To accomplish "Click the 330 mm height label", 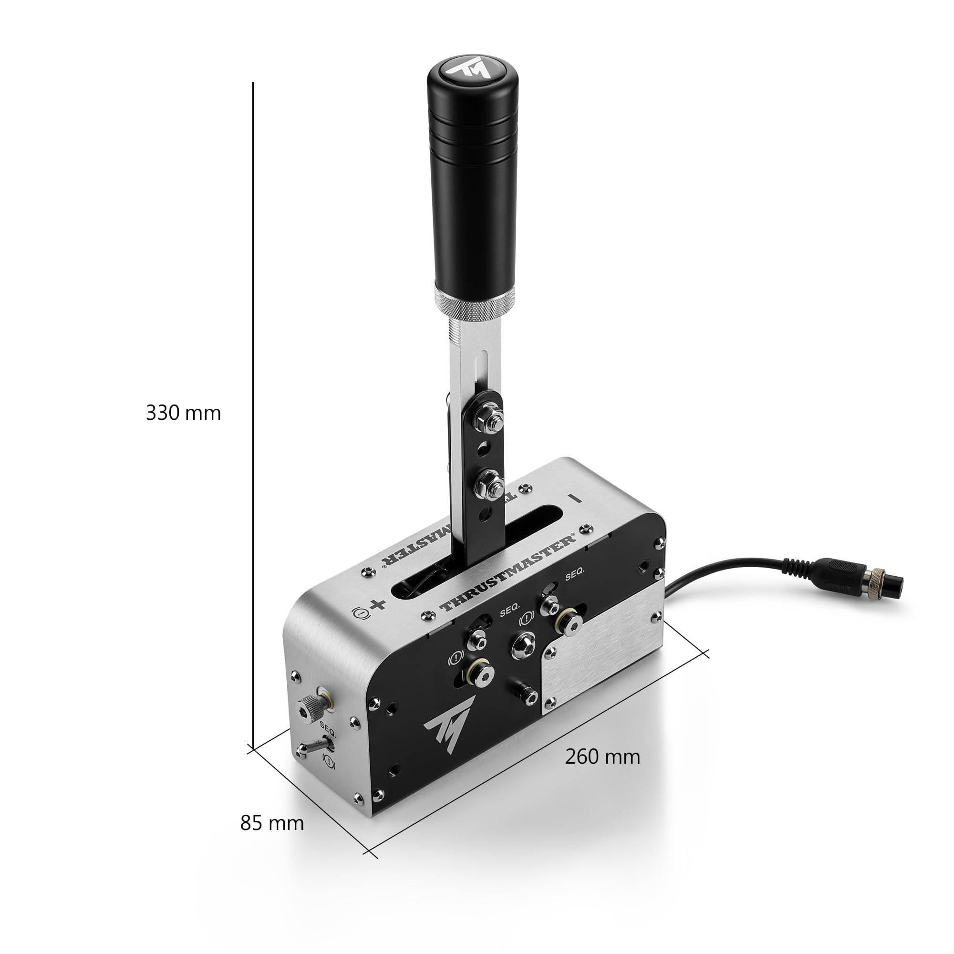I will coord(183,413).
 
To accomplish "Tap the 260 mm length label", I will coord(602,757).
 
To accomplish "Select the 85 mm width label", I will coord(271,823).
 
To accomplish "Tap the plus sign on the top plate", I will coord(378,604).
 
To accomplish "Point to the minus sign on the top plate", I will coord(575,498).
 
